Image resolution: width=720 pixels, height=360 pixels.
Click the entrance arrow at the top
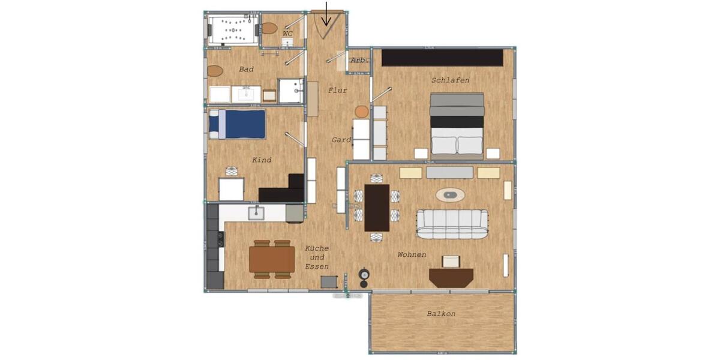coord(326,15)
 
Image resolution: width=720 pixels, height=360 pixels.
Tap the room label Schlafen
coord(450,80)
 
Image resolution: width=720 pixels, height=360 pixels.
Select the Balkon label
coord(441,314)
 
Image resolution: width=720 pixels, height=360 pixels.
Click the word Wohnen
coord(412,255)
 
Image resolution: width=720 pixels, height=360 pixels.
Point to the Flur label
coord(337,91)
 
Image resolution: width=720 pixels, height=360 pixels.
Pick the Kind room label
coord(262,160)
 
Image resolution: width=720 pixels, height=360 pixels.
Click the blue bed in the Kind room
coord(238,124)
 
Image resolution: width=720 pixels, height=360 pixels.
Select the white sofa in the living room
coord(452,224)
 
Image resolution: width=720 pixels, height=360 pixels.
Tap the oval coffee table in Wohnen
coord(450,194)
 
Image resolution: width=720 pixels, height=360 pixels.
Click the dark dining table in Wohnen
coord(377,208)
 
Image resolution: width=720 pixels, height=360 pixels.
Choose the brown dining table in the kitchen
coord(272,259)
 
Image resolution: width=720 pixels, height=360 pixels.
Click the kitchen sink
coord(256,212)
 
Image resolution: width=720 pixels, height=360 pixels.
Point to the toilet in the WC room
coord(269,28)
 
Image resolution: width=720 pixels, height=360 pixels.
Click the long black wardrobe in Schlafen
coord(442,58)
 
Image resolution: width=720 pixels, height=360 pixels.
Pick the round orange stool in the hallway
coord(361,112)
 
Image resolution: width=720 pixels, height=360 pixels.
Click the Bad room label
coord(246,70)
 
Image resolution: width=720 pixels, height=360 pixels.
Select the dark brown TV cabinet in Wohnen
coord(451,277)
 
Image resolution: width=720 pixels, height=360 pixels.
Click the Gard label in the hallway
coord(341,140)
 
